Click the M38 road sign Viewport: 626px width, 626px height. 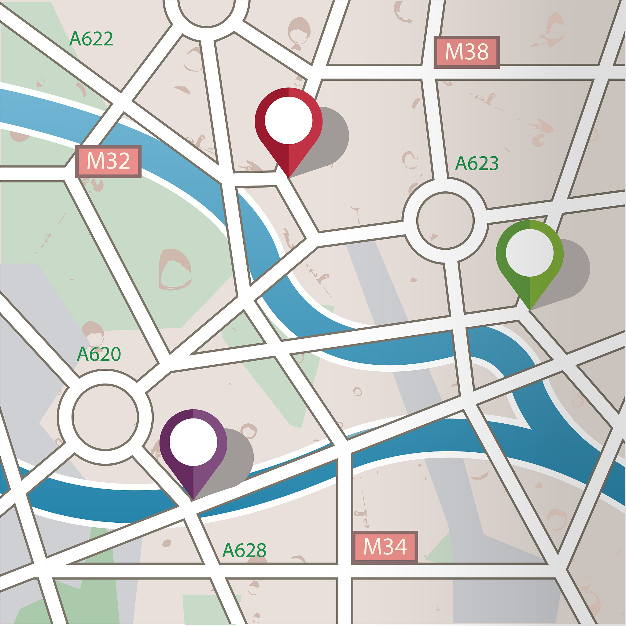pyautogui.click(x=466, y=52)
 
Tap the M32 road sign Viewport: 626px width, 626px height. pyautogui.click(x=108, y=161)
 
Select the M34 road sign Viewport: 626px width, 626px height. pyautogui.click(x=385, y=547)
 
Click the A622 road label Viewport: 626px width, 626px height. pyautogui.click(x=91, y=39)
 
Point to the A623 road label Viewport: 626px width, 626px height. pyautogui.click(x=477, y=163)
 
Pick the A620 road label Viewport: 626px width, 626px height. pyautogui.click(x=99, y=354)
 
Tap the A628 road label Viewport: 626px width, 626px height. pyautogui.click(x=244, y=551)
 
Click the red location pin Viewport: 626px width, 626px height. pyautogui.click(x=288, y=130)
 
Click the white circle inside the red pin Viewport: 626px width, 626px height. pyautogui.click(x=288, y=120)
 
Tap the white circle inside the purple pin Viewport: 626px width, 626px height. pyautogui.click(x=193, y=442)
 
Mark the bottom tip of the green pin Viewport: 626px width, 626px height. pyautogui.click(x=529, y=309)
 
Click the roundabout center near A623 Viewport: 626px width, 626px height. pyautogui.click(x=445, y=221)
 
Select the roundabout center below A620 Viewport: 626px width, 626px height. pyautogui.click(x=105, y=417)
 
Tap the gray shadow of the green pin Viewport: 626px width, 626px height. pyautogui.click(x=573, y=272)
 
